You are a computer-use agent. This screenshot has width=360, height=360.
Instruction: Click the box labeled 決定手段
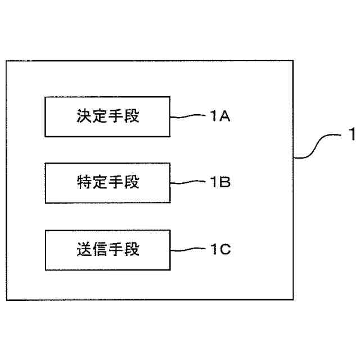[x=107, y=117]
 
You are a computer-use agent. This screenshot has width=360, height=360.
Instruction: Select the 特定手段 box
[x=107, y=183]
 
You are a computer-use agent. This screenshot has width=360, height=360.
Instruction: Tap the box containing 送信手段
[x=107, y=249]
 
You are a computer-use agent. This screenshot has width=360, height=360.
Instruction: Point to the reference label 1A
[x=220, y=116]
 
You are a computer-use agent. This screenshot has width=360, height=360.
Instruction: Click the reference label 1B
[x=220, y=182]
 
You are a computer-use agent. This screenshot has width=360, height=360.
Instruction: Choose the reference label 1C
[x=220, y=249]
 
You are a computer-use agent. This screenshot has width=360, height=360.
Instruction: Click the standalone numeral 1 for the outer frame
[x=352, y=135]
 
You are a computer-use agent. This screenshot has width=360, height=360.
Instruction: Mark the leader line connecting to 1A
[x=188, y=116]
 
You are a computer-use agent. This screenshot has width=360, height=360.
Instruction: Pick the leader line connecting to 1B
[x=188, y=183]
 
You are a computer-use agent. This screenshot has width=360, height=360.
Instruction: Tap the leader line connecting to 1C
[x=188, y=249]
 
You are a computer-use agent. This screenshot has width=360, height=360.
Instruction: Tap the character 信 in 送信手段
[x=100, y=249]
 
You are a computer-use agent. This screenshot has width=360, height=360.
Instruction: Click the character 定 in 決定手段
[x=100, y=117]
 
